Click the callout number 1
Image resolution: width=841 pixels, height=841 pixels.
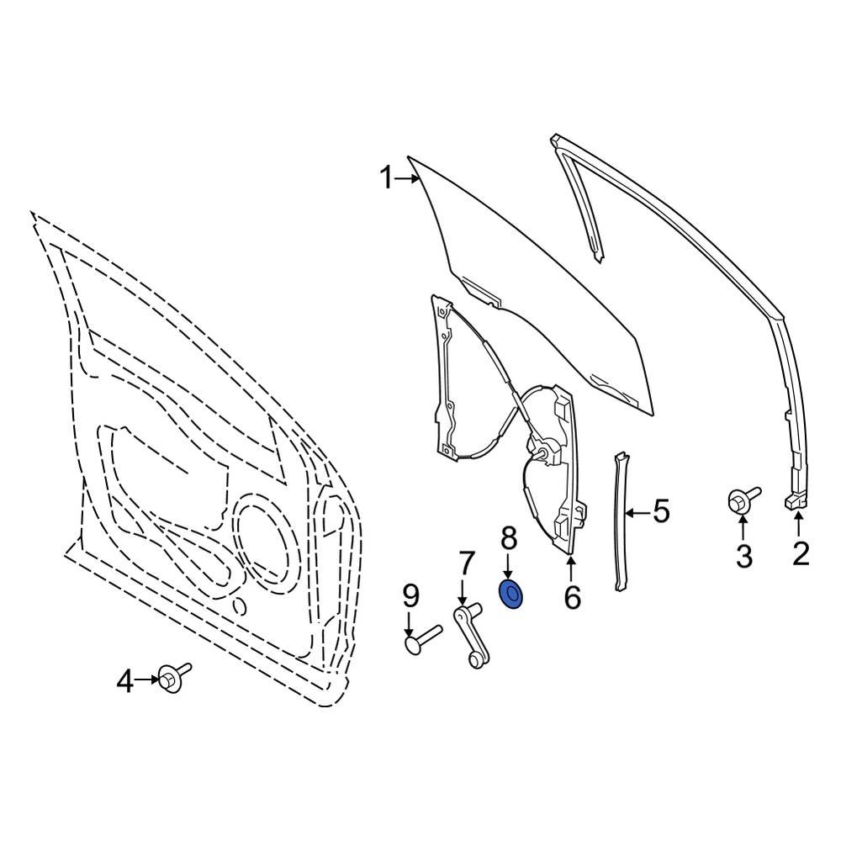(x=385, y=178)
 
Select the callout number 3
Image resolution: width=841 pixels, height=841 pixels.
(x=743, y=555)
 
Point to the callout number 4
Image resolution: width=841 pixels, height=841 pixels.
(x=124, y=681)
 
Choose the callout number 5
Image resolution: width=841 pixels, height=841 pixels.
(x=661, y=510)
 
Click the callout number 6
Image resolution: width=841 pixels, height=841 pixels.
(x=572, y=597)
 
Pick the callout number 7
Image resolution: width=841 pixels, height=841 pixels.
(x=466, y=562)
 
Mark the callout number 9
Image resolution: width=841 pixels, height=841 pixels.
(x=410, y=596)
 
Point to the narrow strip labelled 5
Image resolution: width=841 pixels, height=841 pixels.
(x=622, y=521)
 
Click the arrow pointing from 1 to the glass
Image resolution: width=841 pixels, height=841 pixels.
(x=407, y=178)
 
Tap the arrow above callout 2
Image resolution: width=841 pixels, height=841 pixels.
(x=798, y=527)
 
